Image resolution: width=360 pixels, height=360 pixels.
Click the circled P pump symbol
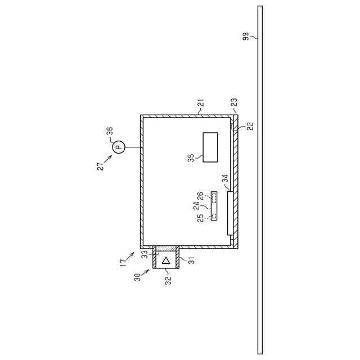[x=118, y=147]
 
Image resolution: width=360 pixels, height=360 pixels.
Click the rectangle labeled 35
[x=210, y=147]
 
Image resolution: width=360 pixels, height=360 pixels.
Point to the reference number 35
[x=191, y=157]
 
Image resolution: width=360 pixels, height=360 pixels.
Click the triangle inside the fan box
[x=166, y=260]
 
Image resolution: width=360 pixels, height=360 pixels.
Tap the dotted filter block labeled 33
[x=166, y=249]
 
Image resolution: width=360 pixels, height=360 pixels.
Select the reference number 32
[x=168, y=280]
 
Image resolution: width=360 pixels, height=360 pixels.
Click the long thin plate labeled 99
[x=260, y=180]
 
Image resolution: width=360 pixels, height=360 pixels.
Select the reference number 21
[x=201, y=103]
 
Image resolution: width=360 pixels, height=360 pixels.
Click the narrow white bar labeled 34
[x=230, y=213]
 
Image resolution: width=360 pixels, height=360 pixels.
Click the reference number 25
[x=201, y=218]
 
